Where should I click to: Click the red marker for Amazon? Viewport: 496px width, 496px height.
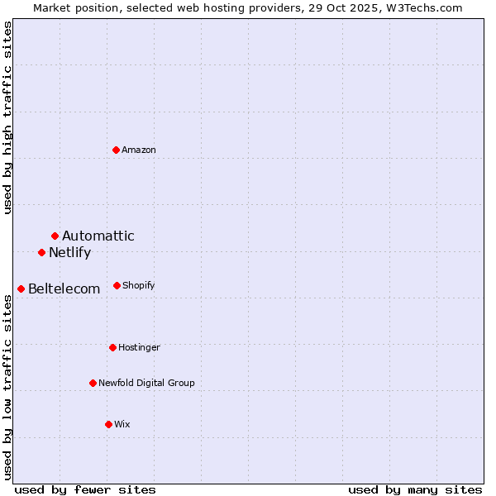[x=117, y=150]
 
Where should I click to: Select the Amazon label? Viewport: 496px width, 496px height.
[x=139, y=150]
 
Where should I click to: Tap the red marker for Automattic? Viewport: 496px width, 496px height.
[x=55, y=236]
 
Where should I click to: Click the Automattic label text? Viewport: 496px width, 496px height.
[x=98, y=236]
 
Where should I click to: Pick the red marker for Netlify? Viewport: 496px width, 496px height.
[x=41, y=252]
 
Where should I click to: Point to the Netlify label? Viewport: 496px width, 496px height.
[x=69, y=253]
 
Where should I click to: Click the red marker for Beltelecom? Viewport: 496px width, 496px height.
[x=21, y=289]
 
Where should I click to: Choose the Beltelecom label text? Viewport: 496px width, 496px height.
[x=64, y=289]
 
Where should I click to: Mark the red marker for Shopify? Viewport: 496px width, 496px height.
[x=117, y=285]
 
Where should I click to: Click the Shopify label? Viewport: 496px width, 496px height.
[x=138, y=285]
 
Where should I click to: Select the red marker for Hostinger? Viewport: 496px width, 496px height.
[x=112, y=347]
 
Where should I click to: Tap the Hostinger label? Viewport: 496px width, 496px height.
[x=139, y=347]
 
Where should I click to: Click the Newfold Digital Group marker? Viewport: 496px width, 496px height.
[x=93, y=383]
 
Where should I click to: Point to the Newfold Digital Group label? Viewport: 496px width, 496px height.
[x=146, y=383]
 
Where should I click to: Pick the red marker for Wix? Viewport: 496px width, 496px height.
[x=108, y=424]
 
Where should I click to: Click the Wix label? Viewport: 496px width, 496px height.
[x=122, y=424]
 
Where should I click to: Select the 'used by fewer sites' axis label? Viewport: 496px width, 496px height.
[x=85, y=489]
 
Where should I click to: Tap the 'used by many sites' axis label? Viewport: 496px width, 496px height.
[x=415, y=489]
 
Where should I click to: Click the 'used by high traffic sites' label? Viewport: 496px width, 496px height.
[x=7, y=117]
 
